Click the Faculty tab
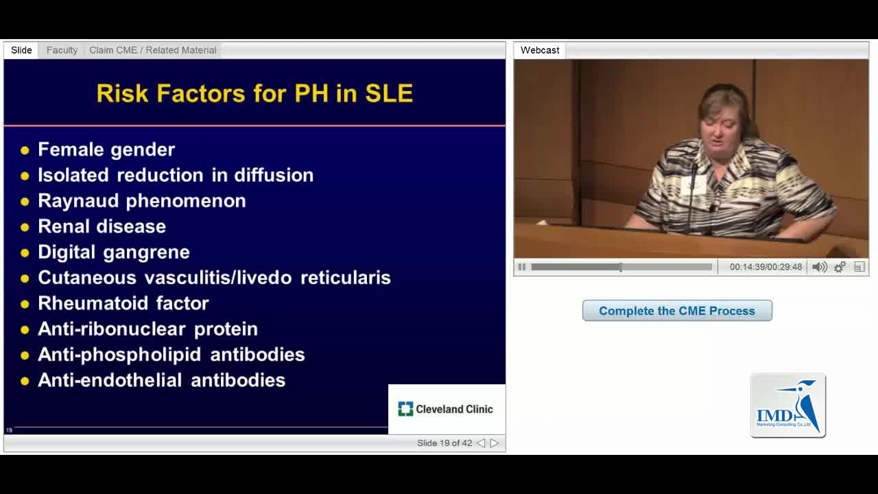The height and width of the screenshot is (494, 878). [x=62, y=50]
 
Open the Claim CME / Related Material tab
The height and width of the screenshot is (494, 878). [x=153, y=50]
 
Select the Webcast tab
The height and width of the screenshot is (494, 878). [x=540, y=50]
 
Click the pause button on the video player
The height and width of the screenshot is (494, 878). [x=522, y=267]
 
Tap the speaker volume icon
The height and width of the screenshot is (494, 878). [x=820, y=267]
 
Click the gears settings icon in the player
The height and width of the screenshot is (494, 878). [x=840, y=267]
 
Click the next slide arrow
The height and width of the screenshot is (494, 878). [x=495, y=443]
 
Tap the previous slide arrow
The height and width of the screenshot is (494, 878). [x=481, y=443]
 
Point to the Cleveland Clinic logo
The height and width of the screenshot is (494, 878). [x=445, y=409]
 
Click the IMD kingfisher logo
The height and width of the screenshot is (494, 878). [x=788, y=405]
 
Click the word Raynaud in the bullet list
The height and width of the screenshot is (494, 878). [x=78, y=201]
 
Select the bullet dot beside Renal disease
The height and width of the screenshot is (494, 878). [x=25, y=227]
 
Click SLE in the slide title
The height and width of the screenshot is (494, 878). [x=389, y=93]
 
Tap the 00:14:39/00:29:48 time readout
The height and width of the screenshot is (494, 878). [x=766, y=267]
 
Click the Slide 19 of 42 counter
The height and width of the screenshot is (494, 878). [x=444, y=443]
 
